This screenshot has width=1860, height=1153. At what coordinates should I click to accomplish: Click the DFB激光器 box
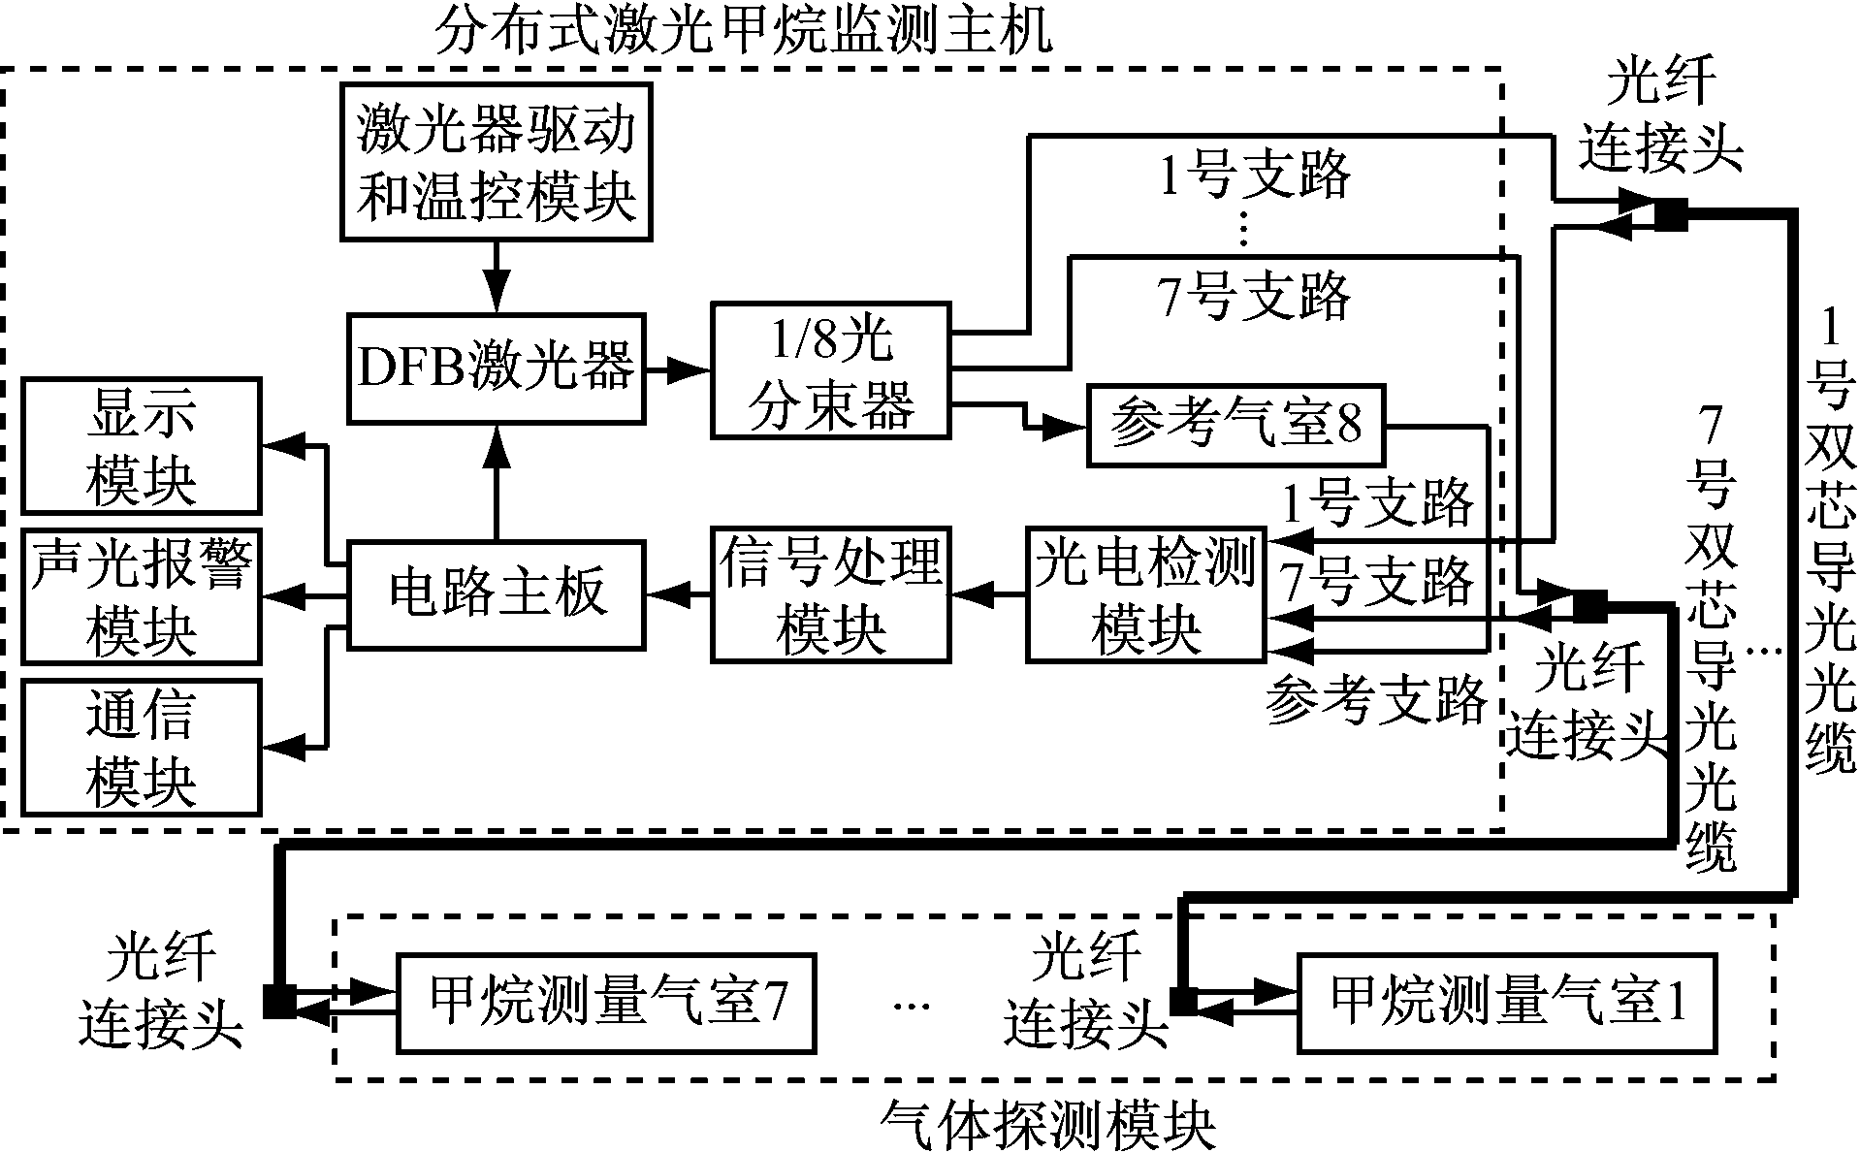(496, 368)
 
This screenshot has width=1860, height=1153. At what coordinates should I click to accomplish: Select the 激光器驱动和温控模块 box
(496, 162)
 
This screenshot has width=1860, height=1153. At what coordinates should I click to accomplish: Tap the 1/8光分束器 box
(831, 370)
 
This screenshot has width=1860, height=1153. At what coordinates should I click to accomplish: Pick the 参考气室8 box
(1235, 426)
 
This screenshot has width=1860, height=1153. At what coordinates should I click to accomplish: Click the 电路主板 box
(496, 593)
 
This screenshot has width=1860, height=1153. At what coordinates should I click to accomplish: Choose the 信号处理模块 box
(831, 594)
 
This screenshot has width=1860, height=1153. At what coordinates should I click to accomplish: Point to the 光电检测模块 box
(1145, 594)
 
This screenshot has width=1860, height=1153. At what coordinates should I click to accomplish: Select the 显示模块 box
(142, 446)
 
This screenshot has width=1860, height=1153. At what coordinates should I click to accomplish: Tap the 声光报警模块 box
(142, 596)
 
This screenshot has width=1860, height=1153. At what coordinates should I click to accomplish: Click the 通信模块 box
(142, 747)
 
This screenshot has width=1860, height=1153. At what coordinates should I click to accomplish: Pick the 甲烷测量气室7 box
(606, 1003)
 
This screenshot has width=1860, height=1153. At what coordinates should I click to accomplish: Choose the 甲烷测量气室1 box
(1506, 1003)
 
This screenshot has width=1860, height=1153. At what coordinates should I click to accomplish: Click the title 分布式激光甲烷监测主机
(742, 32)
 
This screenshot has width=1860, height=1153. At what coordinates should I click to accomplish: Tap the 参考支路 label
(1375, 698)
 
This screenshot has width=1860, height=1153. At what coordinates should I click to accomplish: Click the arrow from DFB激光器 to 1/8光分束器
(678, 368)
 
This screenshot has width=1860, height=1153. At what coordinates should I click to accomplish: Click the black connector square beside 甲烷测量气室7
(279, 1002)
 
